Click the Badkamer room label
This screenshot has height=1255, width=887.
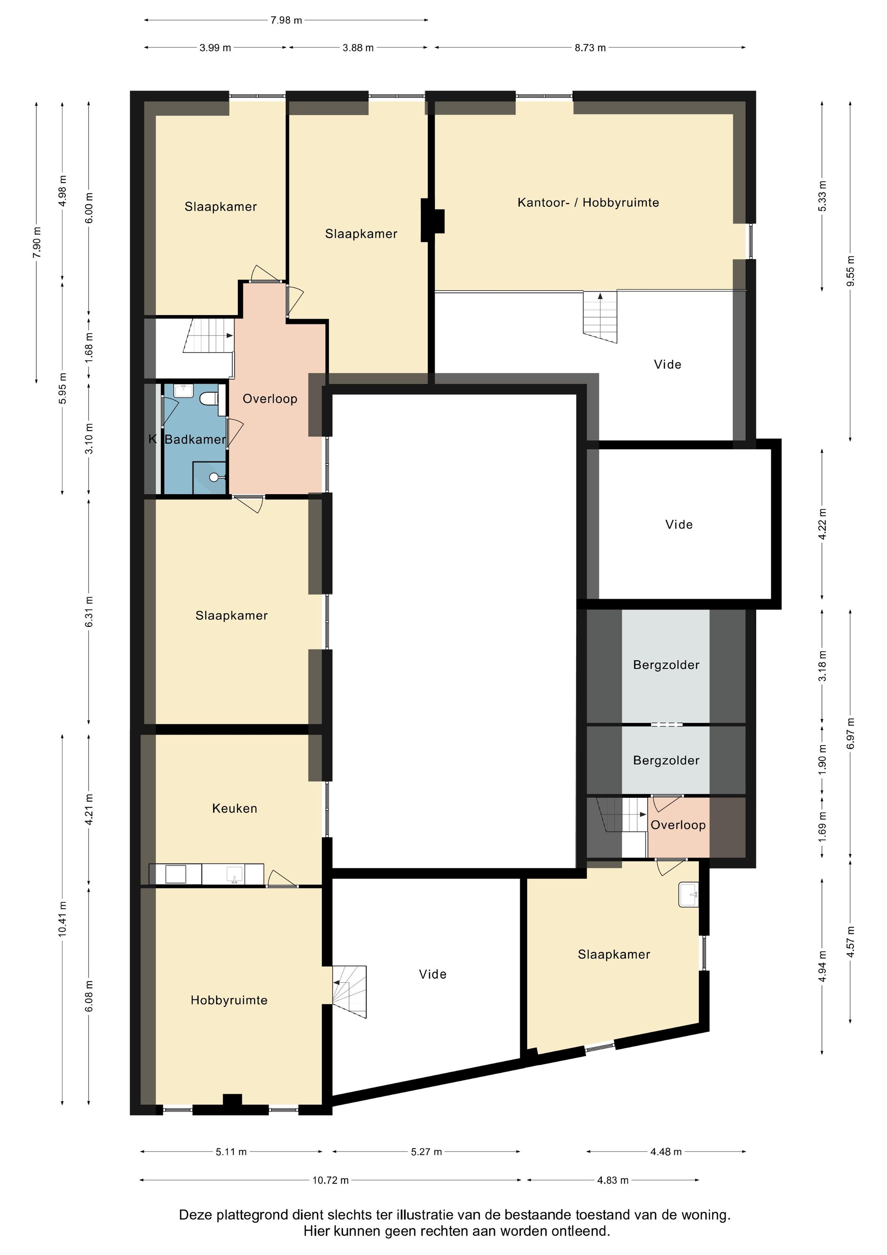coord(195,440)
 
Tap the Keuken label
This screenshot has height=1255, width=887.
coord(234,808)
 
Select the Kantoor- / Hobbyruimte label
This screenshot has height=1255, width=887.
coord(588,203)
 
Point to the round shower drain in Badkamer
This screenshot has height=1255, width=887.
coord(214,477)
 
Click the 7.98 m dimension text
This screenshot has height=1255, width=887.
coord(286,20)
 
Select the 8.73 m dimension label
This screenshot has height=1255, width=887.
coord(590,48)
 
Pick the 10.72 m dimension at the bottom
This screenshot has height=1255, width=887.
coord(331,1180)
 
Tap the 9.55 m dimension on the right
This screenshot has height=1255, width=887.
coord(850,271)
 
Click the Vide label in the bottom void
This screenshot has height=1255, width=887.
coord(433,974)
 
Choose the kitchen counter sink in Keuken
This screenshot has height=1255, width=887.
coord(234,874)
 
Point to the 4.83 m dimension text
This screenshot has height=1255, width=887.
coord(613,1180)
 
